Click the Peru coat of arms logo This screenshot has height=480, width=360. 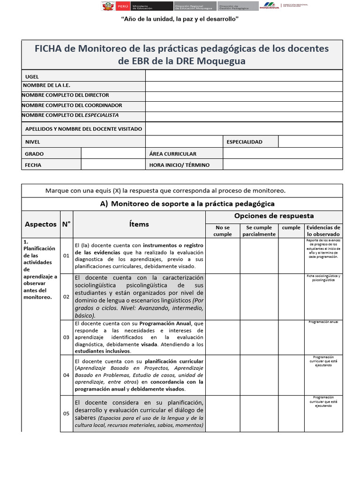pyautogui.click(x=107, y=6)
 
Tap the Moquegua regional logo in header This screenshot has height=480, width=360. pyautogui.click(x=269, y=6)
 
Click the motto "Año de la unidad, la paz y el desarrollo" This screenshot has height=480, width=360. pyautogui.click(x=180, y=19)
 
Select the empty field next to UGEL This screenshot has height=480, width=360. pyautogui.click(x=244, y=76)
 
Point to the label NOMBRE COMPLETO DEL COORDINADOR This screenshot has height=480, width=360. pyautogui.click(x=72, y=105)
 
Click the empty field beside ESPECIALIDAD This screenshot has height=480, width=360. pyautogui.click(x=310, y=142)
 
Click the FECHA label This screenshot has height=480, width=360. pyautogui.click(x=33, y=165)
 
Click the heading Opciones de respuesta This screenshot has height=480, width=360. pyautogui.click(x=274, y=216)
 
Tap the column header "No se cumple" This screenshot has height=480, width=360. pyautogui.click(x=223, y=231)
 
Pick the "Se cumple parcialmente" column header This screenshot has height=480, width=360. pyautogui.click(x=259, y=231)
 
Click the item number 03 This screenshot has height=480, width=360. pyautogui.click(x=66, y=337)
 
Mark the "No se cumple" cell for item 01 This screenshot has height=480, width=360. pyautogui.click(x=223, y=255)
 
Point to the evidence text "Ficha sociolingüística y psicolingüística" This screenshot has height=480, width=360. pyautogui.click(x=323, y=277)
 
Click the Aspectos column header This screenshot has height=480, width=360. pyautogui.click(x=40, y=224)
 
